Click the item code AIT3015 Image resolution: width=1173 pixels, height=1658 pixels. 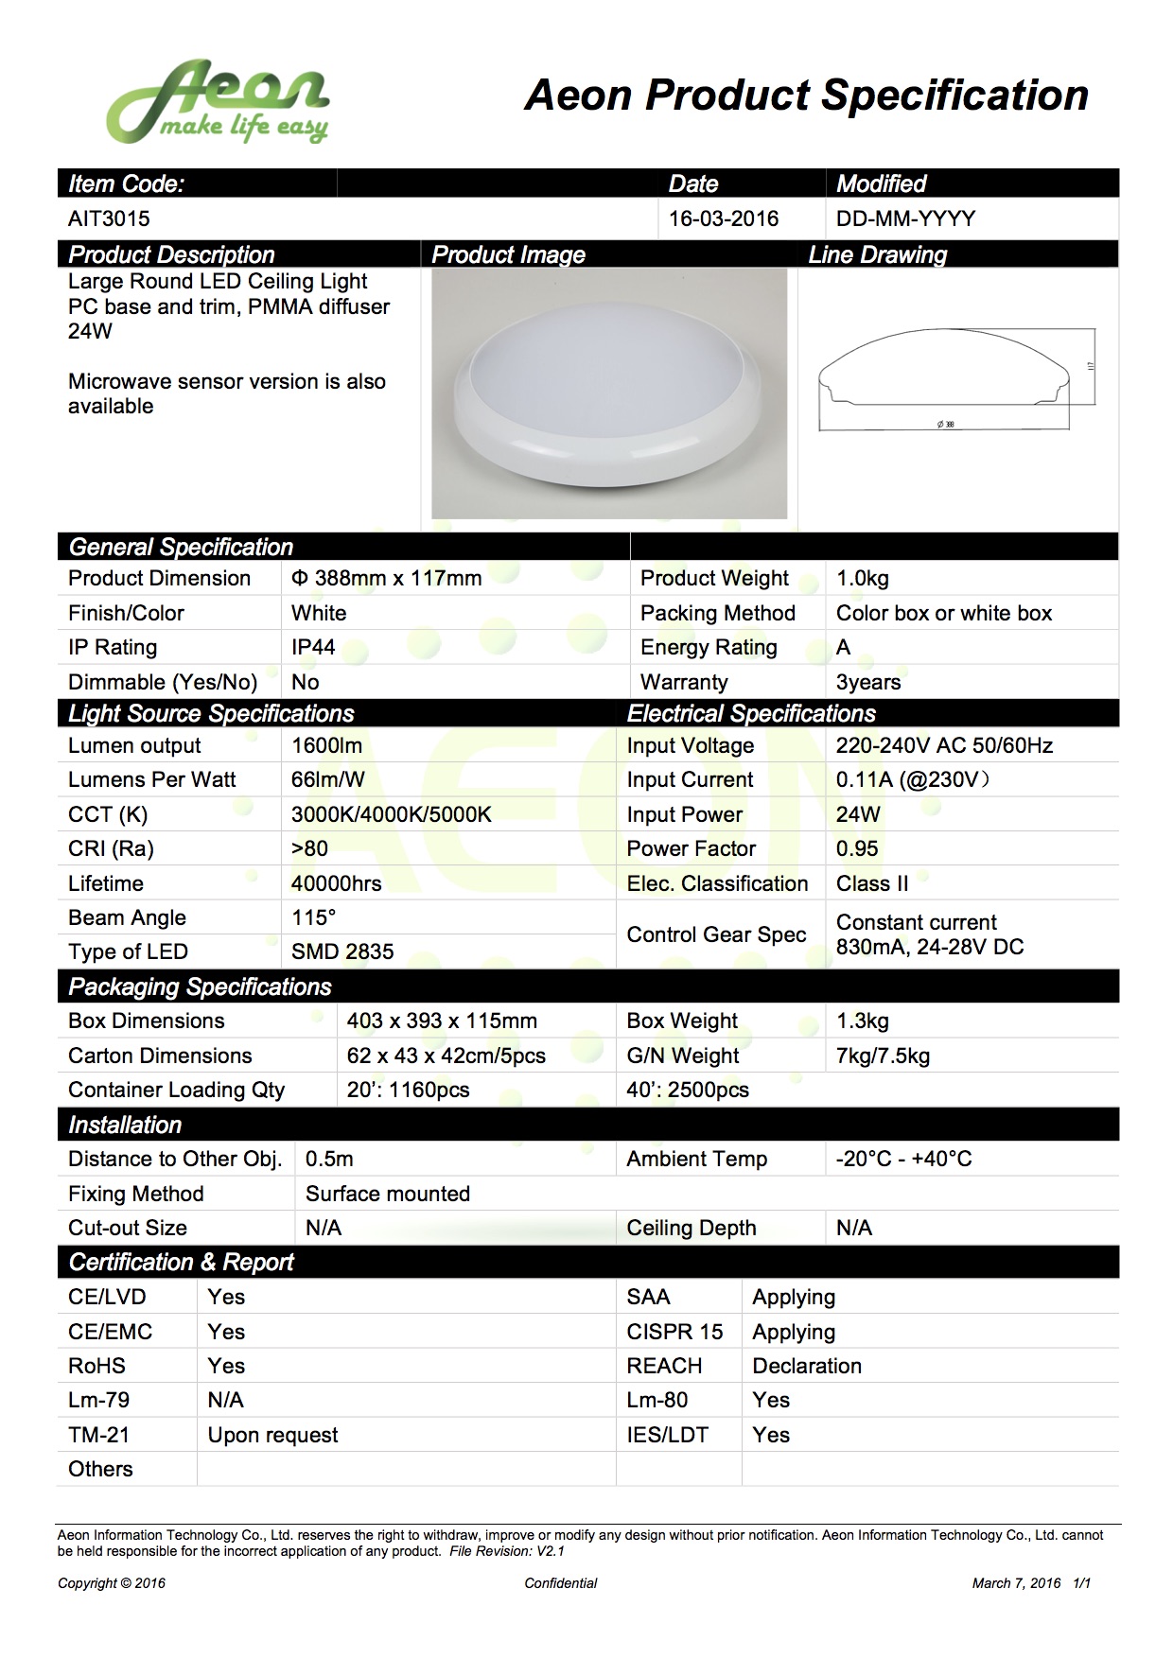(109, 218)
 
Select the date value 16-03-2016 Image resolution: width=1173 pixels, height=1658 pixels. (724, 218)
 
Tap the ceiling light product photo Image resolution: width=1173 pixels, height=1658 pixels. (609, 393)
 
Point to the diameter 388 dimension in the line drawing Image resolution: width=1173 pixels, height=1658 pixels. (946, 425)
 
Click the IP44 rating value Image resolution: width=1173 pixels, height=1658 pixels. (313, 648)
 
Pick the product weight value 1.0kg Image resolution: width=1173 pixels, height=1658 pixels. (863, 579)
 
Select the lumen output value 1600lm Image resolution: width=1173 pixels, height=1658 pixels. (326, 746)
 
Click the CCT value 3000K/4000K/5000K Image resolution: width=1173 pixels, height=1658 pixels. (391, 815)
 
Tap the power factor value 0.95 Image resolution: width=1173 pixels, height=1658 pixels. (857, 849)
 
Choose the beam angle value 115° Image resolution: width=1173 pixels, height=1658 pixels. (314, 918)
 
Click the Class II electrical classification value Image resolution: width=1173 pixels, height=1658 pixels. (872, 884)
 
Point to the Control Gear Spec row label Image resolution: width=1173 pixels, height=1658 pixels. (716, 935)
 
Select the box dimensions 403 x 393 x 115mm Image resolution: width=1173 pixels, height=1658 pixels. (442, 1021)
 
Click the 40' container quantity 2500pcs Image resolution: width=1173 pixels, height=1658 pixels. (688, 1091)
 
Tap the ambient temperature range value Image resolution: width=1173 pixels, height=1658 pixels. (903, 1160)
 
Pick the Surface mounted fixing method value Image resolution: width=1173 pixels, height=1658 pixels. (388, 1195)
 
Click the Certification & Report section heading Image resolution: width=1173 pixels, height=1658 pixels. (182, 1263)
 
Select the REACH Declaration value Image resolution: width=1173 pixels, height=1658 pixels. (807, 1367)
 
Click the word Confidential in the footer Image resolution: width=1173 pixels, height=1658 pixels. (561, 1583)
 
